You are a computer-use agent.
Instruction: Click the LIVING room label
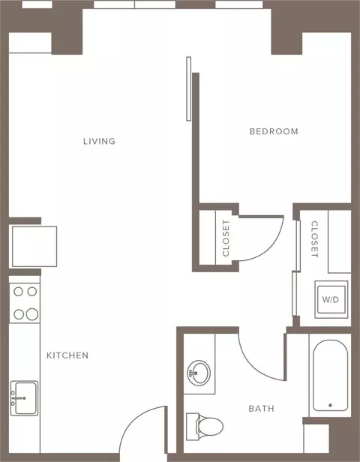pos(99,142)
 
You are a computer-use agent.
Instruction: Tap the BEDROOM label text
pos(274,131)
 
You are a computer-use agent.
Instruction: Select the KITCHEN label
pos(67,355)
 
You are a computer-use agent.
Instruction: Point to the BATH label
pos(261,409)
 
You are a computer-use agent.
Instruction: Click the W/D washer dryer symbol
pos(331,299)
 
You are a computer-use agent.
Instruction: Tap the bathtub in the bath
pos(330,375)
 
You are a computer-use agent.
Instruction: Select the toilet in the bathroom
pos(205,426)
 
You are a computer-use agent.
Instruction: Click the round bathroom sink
pos(199,373)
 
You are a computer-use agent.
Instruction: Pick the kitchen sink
pos(24,398)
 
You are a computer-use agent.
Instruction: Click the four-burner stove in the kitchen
pos(25,303)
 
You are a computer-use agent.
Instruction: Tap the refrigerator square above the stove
pos(34,246)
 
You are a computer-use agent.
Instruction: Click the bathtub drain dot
pos(330,406)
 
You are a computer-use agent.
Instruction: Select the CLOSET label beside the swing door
pos(226,238)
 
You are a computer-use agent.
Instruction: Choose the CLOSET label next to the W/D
pos(315,239)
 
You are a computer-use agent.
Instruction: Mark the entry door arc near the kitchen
pos(132,418)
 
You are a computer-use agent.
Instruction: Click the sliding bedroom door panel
pos(188,88)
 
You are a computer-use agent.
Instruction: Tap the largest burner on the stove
pos(31,314)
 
